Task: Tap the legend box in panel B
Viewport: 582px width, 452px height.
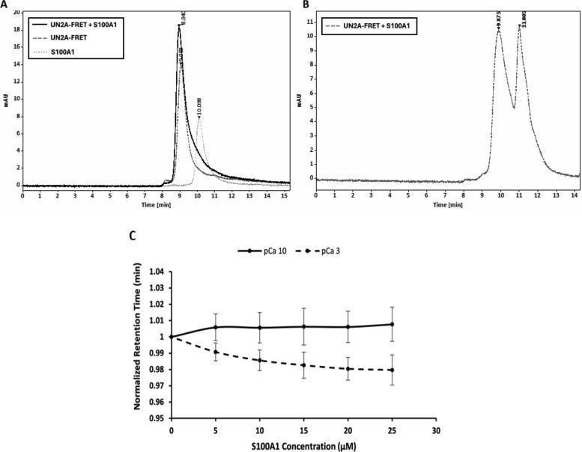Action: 366,26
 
